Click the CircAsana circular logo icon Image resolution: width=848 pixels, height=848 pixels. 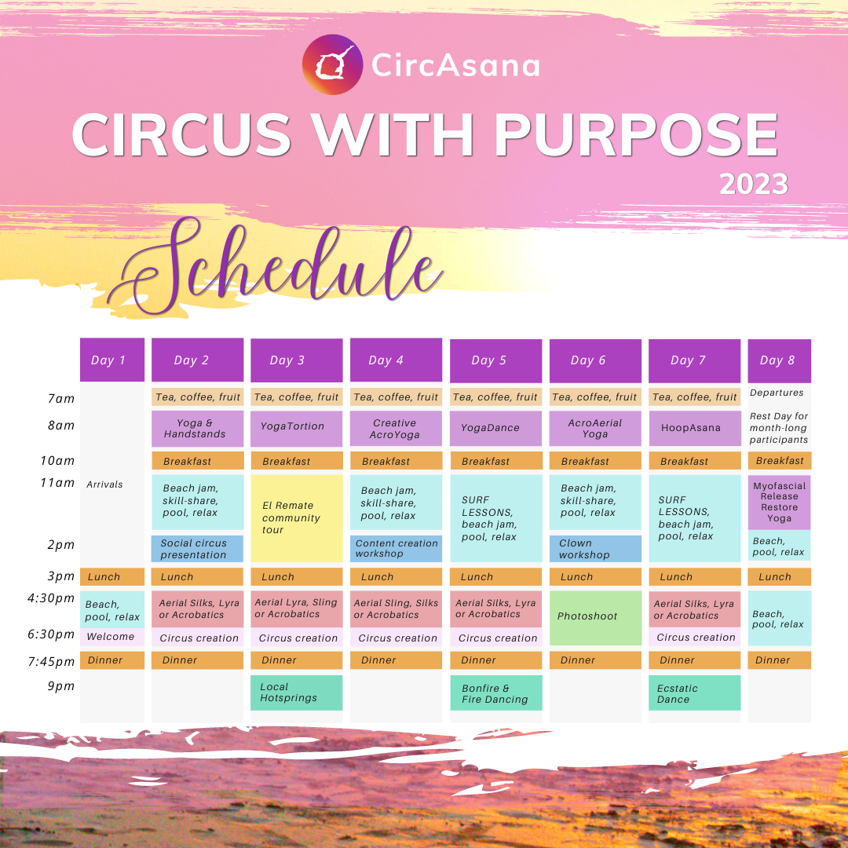tap(332, 65)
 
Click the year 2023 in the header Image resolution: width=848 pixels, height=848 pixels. tap(753, 185)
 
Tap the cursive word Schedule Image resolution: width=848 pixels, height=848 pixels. tap(276, 266)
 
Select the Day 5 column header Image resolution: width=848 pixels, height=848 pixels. tap(496, 360)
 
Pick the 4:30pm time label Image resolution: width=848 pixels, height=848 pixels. tap(51, 598)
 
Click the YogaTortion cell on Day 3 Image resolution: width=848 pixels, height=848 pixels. tap(296, 429)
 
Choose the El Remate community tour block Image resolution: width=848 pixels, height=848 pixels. tap(296, 518)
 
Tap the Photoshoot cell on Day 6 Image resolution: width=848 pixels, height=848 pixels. tap(595, 618)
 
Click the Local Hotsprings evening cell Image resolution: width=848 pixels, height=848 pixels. tap(296, 693)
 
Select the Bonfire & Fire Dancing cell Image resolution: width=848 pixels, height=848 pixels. tap(496, 693)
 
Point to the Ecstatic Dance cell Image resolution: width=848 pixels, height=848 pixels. tap(694, 693)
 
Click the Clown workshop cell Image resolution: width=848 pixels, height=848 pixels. tap(595, 549)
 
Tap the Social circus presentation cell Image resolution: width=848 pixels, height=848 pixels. tap(197, 549)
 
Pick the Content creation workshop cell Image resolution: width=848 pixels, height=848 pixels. tap(396, 549)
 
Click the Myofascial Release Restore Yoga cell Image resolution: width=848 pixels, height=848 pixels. tap(780, 503)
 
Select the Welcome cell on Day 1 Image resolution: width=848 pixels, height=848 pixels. tap(112, 637)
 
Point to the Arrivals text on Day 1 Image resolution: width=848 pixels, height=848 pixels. tap(104, 484)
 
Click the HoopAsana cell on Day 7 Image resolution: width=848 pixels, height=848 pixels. tap(694, 429)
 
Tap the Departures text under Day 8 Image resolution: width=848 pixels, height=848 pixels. tap(777, 393)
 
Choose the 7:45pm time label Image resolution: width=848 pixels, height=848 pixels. tap(51, 661)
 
